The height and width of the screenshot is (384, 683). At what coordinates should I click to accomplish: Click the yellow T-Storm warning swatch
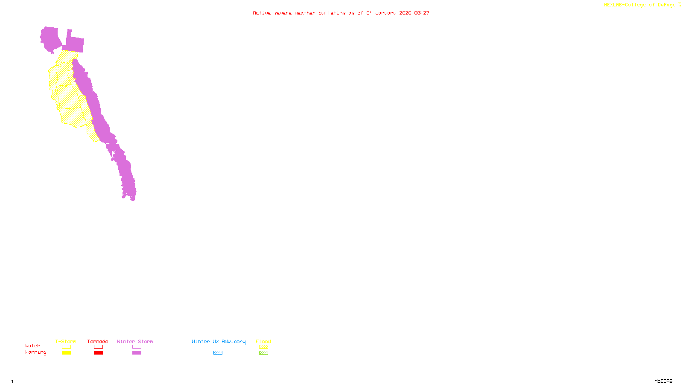66,353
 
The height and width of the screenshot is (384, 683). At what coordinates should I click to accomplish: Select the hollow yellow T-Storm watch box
66,347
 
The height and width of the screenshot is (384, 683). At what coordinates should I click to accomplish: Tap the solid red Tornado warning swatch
98,353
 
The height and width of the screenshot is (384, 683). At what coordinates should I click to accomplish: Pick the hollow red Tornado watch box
98,347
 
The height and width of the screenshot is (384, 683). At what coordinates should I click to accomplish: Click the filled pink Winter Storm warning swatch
137,353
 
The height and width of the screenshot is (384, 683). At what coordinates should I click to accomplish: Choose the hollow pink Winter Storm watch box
137,347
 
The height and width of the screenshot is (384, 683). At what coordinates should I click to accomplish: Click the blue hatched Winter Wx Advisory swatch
218,353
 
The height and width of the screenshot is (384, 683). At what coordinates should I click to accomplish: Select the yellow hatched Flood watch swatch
263,347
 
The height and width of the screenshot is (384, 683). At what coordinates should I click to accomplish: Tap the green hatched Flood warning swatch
263,353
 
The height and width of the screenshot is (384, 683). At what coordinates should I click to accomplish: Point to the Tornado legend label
98,341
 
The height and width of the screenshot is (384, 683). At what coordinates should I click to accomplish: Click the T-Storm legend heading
66,341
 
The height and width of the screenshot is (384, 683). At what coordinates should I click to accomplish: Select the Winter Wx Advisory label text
219,341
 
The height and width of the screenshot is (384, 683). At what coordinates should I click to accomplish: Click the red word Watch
33,346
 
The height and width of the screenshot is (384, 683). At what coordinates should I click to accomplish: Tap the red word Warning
36,352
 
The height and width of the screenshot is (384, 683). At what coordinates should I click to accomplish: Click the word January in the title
386,13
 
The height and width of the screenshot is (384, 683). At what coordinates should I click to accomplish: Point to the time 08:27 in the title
422,13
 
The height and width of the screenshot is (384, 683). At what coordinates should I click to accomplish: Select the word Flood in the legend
263,341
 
